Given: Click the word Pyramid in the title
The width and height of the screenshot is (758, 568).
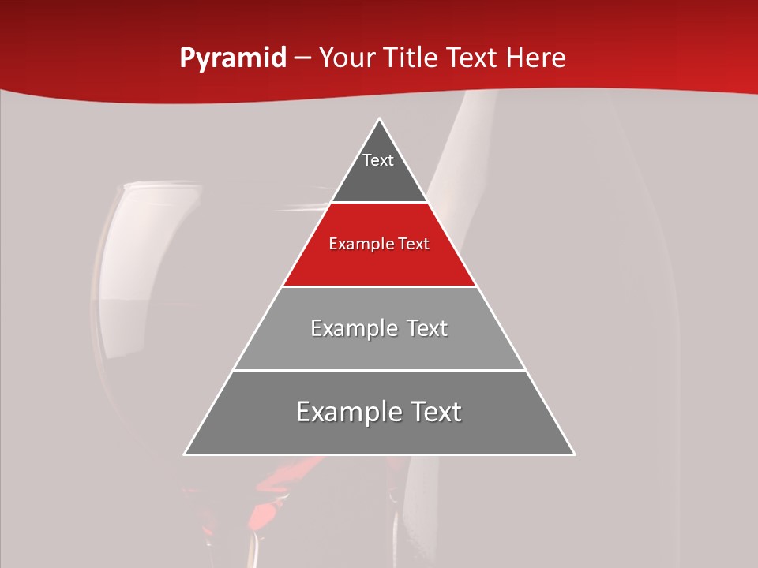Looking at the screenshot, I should (x=232, y=58).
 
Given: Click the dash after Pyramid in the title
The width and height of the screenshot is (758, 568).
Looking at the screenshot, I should (x=302, y=58).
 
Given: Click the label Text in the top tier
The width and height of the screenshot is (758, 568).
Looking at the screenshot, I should (x=378, y=160).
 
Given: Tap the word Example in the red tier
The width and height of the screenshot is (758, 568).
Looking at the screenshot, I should (x=356, y=245).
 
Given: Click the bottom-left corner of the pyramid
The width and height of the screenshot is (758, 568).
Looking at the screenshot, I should (x=186, y=454).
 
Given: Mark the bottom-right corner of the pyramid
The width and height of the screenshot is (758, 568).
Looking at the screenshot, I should (x=573, y=454).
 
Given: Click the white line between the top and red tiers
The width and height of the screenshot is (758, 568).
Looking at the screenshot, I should (x=379, y=202).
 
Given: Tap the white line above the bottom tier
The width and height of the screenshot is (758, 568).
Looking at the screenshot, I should (x=379, y=370).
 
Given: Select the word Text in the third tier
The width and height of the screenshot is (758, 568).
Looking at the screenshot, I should (x=421, y=328).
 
